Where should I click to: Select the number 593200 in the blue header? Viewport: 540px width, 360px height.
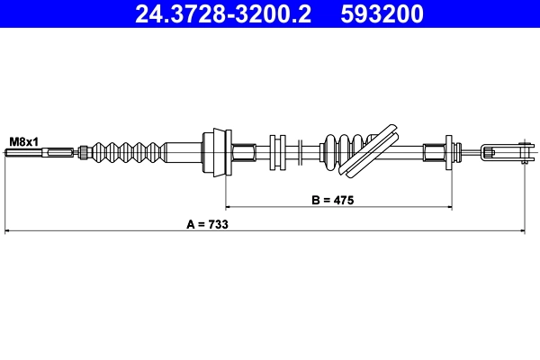(388, 14)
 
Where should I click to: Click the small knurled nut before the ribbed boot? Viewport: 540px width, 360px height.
(82, 152)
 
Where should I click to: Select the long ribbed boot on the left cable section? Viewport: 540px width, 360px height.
(126, 152)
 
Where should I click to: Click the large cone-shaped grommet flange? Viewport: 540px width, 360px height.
(216, 152)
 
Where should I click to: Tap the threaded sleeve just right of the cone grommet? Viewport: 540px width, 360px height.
(244, 152)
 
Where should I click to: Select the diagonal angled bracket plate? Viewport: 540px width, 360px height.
(373, 149)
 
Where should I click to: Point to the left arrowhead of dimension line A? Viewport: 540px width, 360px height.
(8, 232)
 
